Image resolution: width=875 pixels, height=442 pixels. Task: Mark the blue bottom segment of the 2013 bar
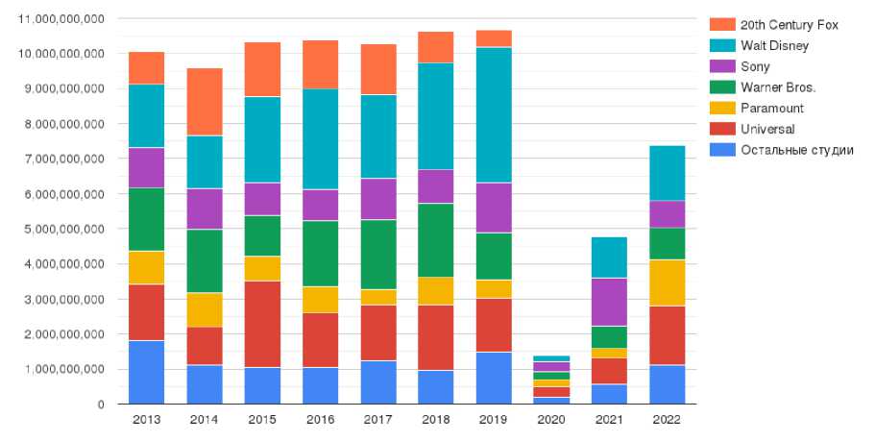click(x=147, y=372)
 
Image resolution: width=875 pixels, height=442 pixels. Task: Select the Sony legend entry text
click(x=755, y=66)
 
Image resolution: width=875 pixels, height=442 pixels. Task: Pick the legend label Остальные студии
click(x=796, y=149)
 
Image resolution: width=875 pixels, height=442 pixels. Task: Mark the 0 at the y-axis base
click(x=100, y=405)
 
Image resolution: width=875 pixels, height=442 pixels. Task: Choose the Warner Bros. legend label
click(x=772, y=87)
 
